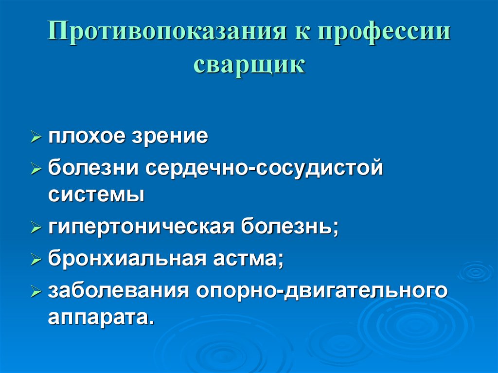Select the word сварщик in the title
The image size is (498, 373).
[x=249, y=65]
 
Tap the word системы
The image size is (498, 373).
[x=96, y=195]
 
